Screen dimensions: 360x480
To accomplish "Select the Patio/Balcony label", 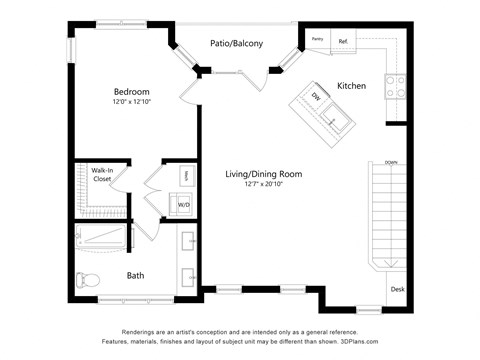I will (236, 43).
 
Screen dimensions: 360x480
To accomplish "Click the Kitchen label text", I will (351, 86).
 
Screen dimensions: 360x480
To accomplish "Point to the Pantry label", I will (318, 40).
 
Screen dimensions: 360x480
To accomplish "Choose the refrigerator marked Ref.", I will (343, 41).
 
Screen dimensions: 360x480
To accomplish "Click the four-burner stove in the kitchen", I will (393, 86).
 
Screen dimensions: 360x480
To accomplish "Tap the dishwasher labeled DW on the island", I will (314, 97).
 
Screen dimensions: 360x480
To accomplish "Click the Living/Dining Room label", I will (263, 174).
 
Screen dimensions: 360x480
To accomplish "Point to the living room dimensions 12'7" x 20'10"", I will (263, 185).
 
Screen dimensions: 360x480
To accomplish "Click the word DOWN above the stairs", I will (391, 161).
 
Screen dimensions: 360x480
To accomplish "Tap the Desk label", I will (397, 289).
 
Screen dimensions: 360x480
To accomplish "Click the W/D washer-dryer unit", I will (184, 205).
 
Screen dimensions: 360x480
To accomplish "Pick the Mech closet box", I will (185, 176).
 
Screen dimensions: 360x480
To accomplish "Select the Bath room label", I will (135, 275).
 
